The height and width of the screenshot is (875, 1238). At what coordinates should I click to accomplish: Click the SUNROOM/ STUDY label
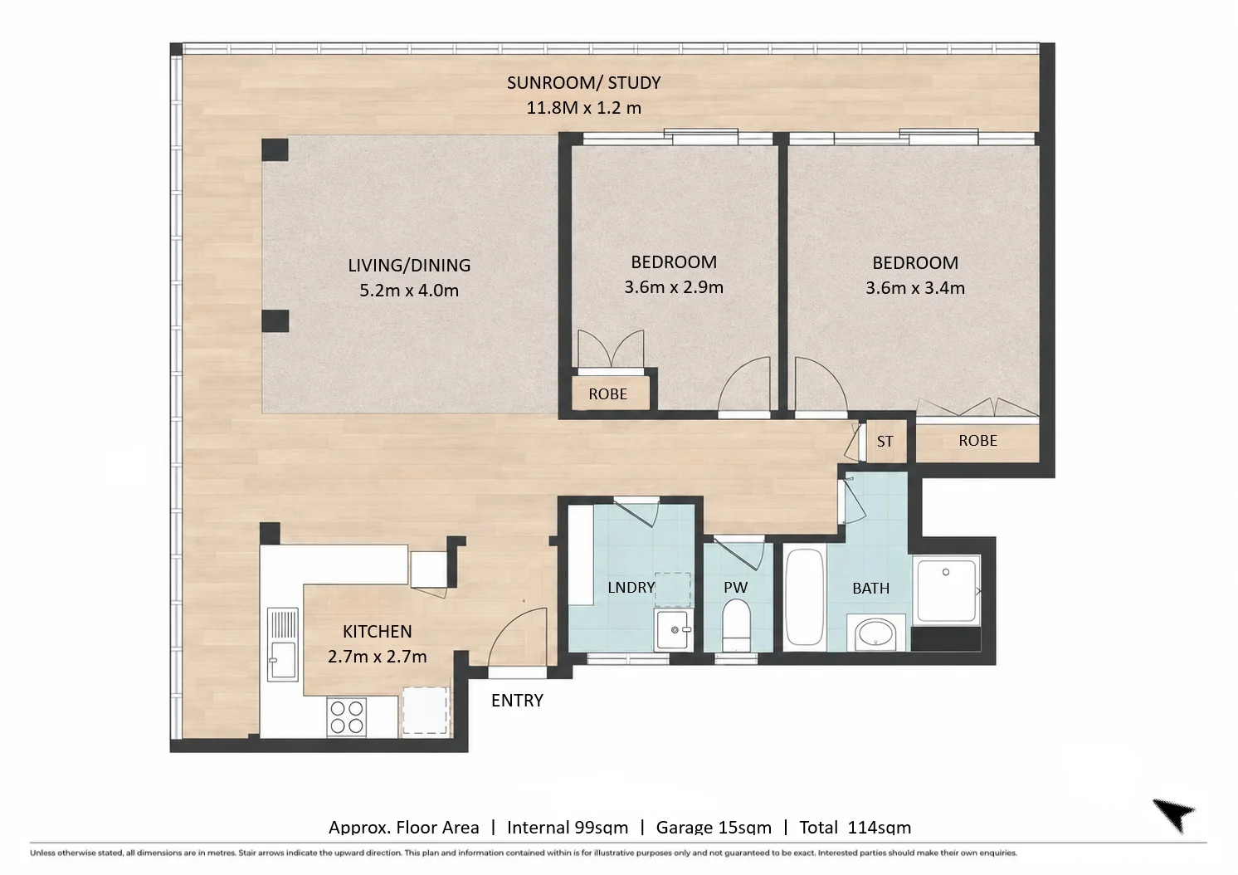[583, 83]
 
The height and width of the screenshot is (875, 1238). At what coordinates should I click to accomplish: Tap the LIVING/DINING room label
[409, 266]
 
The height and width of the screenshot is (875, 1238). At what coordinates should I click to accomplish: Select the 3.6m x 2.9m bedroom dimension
[674, 287]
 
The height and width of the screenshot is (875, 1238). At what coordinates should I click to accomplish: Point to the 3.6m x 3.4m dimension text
[915, 288]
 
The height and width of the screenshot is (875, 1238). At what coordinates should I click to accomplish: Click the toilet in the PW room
[736, 627]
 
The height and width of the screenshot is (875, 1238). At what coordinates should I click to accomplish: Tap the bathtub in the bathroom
[805, 598]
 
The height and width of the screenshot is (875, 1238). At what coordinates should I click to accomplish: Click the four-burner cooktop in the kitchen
[347, 716]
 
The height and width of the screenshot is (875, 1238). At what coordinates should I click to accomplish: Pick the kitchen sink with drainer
[282, 644]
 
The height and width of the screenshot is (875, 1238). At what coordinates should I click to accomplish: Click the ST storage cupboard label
[885, 442]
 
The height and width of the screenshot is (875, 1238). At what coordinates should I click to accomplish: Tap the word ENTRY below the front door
[517, 701]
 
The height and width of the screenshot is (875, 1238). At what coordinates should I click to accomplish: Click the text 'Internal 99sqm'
[568, 828]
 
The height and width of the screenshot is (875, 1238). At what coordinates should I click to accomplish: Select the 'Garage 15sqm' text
[714, 828]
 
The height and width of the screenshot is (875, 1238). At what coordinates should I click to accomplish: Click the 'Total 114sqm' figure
[855, 828]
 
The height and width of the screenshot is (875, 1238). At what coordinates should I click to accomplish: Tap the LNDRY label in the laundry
[631, 588]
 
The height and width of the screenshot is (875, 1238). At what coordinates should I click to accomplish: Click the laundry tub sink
[673, 629]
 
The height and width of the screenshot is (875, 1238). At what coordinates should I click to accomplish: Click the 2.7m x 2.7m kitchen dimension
[377, 657]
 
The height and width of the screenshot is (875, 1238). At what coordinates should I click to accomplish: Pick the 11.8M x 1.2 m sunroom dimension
[583, 108]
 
